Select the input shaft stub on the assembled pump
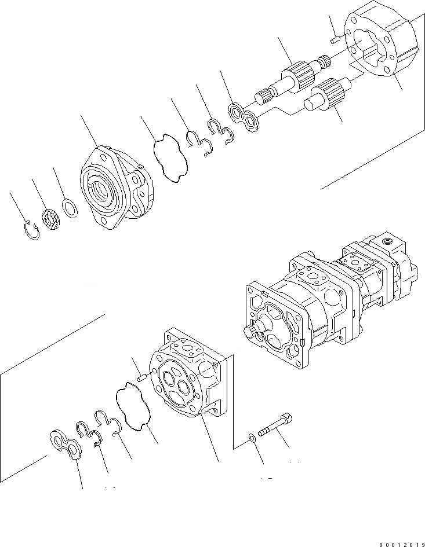click(x=253, y=333)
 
